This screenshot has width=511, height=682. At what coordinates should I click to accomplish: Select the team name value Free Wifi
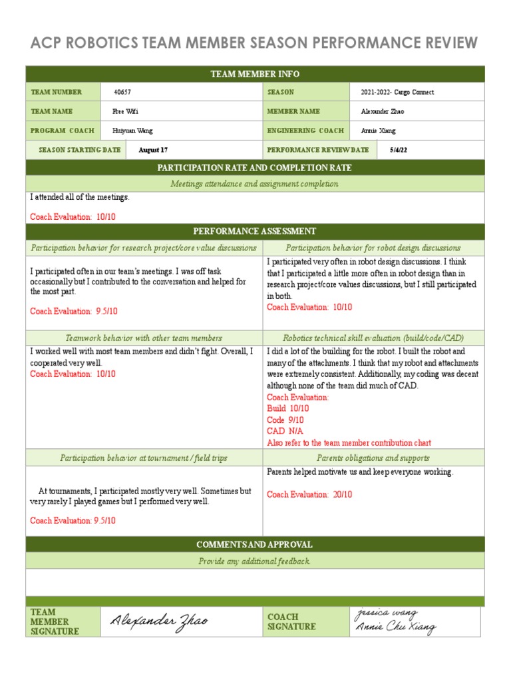[126, 112]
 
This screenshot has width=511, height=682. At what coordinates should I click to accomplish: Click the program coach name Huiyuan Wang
[133, 131]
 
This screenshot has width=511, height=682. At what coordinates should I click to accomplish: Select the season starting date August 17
[153, 151]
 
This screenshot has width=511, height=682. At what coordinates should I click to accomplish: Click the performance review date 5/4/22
[399, 151]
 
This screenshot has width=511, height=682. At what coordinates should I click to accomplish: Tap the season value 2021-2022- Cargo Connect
[397, 93]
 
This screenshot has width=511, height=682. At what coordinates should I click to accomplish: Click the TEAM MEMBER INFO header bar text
[255, 74]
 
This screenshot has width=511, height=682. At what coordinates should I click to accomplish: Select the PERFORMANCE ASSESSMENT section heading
[255, 231]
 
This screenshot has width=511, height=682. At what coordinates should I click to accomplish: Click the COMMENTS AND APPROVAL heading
[255, 545]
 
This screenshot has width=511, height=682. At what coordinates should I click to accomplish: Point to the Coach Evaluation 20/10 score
[309, 495]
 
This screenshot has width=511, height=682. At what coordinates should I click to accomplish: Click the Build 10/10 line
[288, 408]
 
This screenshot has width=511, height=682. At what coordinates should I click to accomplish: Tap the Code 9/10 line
[285, 420]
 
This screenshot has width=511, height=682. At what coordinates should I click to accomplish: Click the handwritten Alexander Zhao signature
[159, 621]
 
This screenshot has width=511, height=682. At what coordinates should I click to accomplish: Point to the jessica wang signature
[387, 613]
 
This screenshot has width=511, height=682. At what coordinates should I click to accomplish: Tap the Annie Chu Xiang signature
[396, 627]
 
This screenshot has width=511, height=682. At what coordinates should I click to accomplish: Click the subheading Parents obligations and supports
[373, 458]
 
